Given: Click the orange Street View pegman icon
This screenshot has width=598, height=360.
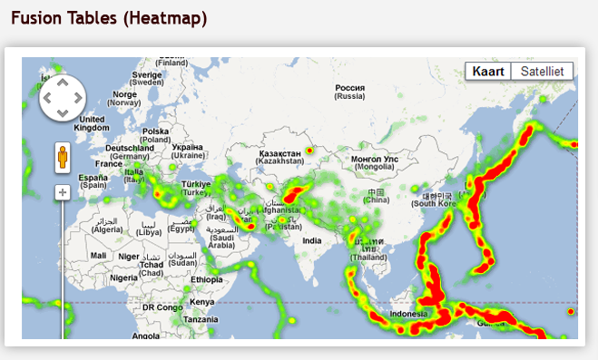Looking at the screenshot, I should [x=63, y=158].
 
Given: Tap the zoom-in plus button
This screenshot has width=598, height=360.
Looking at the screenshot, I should [x=63, y=192].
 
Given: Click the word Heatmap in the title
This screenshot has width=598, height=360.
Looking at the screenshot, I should [x=164, y=17].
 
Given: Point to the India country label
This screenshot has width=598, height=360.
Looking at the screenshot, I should [x=311, y=240].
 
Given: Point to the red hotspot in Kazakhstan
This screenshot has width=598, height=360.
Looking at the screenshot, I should [x=309, y=150].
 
